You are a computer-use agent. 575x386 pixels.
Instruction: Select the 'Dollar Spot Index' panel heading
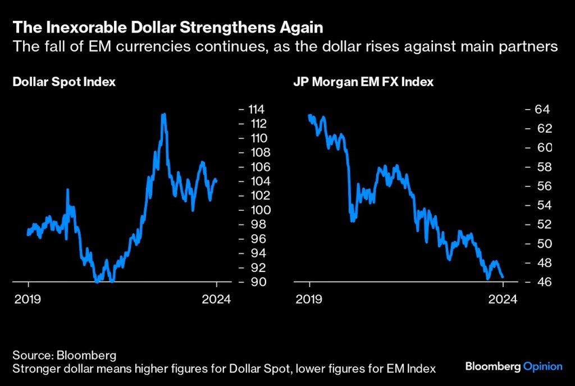64,82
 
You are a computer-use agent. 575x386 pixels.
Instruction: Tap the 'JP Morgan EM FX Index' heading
363,82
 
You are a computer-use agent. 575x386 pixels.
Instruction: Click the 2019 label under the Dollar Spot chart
28,298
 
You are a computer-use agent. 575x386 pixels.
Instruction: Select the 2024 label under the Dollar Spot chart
217,298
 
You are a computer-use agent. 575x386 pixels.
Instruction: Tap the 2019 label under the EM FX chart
309,298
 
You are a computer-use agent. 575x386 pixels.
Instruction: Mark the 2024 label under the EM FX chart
503,298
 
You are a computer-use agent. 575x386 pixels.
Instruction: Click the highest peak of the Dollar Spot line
163,115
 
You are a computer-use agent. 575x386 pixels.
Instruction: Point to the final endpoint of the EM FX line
503,277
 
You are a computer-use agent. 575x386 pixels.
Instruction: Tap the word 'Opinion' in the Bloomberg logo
542,367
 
